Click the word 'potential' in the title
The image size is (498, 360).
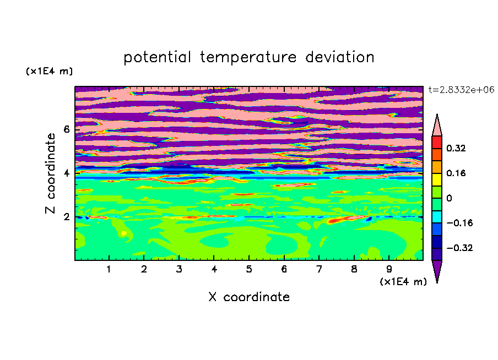tap(157, 57)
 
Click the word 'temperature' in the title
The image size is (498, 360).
tap(248, 57)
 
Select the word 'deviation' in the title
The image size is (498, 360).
tap(340, 57)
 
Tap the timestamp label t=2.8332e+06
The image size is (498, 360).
tap(461, 90)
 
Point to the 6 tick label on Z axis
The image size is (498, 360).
tap(66, 129)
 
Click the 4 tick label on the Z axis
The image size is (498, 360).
tap(66, 173)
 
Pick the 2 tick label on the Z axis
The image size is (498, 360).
tap(66, 217)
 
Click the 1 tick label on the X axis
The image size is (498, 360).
tap(109, 269)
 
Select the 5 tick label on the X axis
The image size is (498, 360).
tap(249, 269)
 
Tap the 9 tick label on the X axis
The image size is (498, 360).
tap(389, 269)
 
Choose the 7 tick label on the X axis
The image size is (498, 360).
tap(319, 269)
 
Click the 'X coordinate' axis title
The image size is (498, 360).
tap(249, 297)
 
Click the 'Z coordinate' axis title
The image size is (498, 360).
tap(50, 173)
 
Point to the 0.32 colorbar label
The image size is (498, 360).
tap(456, 148)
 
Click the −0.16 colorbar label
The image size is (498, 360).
tap(459, 223)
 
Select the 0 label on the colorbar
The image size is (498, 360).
tap(449, 198)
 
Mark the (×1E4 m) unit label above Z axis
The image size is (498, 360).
tap(49, 72)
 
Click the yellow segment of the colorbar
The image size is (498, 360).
tap(437, 179)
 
